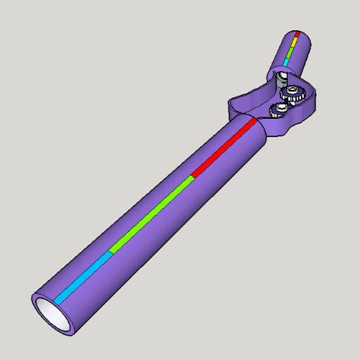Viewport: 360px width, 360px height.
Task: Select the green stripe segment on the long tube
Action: pyautogui.click(x=151, y=214)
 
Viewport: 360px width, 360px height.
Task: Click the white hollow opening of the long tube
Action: pyautogui.click(x=52, y=313)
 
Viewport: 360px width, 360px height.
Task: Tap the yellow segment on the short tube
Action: pyautogui.click(x=295, y=41)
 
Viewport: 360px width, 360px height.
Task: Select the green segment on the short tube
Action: pyautogui.click(x=291, y=51)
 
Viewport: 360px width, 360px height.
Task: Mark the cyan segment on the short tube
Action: pyautogui.click(x=287, y=60)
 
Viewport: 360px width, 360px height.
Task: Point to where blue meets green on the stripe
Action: pyautogui.click(x=110, y=251)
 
